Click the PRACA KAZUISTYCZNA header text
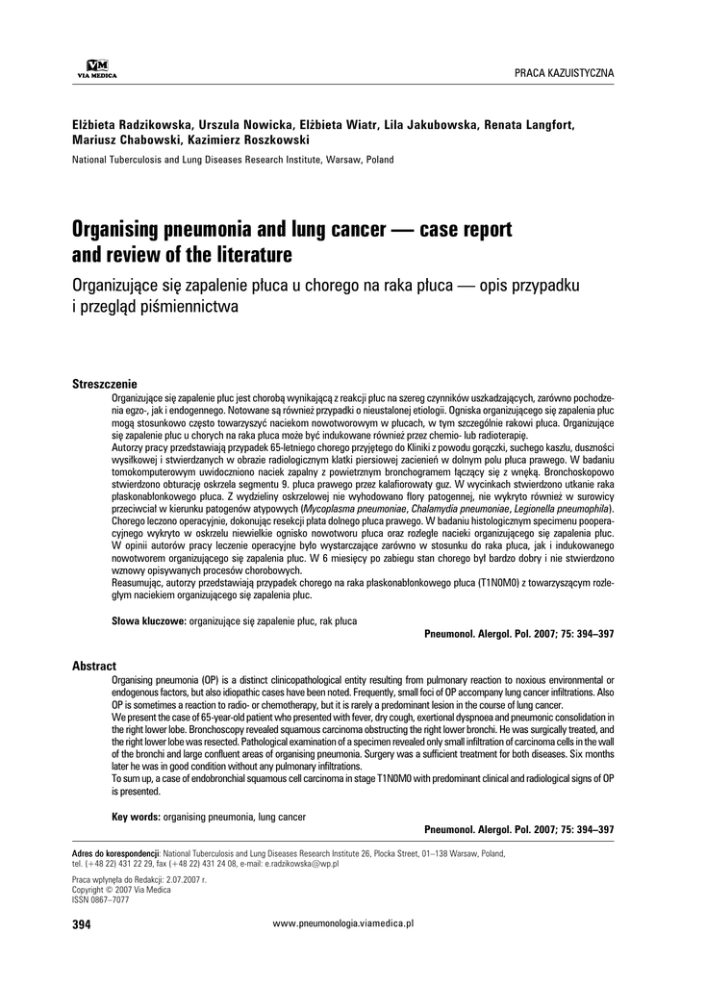point(565,73)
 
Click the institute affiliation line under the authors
point(233,160)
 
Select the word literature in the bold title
point(245,256)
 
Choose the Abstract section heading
point(94,666)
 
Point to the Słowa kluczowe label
point(149,621)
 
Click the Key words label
point(136,817)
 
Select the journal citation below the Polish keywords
point(518,635)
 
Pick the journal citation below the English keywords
point(518,829)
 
